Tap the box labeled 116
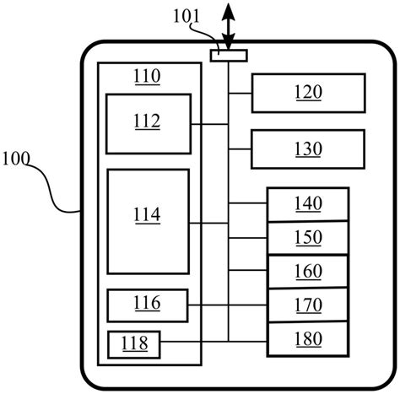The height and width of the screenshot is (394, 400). [x=147, y=304]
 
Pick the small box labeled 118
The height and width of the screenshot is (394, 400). [x=132, y=343]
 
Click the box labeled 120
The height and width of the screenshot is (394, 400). [x=307, y=93]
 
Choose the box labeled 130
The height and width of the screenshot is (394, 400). [x=307, y=148]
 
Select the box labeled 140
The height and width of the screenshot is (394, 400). [x=307, y=203]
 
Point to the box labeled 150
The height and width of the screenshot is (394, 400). [x=307, y=237]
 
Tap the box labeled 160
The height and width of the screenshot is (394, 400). [x=307, y=271]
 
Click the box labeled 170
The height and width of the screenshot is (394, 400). [x=307, y=304]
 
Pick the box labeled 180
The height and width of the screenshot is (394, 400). [x=307, y=338]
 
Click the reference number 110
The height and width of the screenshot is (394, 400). [x=148, y=78]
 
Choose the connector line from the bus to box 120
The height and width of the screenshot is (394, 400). [x=241, y=93]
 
